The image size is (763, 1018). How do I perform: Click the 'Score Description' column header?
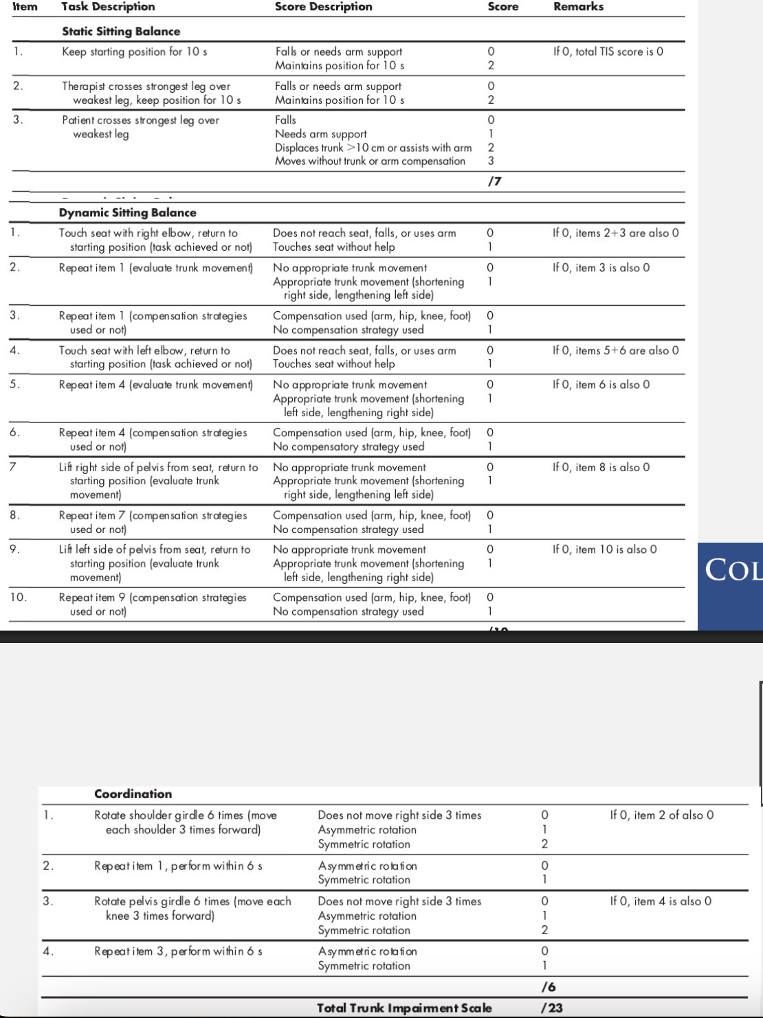323,7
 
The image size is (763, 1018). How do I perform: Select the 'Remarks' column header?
578,7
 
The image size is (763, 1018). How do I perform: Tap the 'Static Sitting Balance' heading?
121,32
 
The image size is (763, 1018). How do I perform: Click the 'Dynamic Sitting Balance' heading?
128,213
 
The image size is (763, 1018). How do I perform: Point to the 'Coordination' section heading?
133,794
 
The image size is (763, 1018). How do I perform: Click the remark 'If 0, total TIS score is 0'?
608,52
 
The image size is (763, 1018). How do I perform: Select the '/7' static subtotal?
494,181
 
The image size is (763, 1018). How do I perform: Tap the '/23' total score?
551,1008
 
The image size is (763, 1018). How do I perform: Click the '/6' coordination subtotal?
549,987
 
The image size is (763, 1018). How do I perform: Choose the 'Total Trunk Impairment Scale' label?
404,1008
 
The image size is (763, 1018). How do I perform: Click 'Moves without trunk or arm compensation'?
370,161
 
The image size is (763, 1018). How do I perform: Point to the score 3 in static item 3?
491,161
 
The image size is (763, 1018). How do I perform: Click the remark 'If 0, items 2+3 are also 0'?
615,233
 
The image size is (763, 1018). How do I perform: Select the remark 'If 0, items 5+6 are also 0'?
615,350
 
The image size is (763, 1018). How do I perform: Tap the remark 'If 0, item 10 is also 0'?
604,550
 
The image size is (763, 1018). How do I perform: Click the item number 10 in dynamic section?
18,598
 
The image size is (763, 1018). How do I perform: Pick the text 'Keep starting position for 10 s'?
134,52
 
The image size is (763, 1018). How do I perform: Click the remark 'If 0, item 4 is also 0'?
661,901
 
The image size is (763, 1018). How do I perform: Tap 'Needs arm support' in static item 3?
320,134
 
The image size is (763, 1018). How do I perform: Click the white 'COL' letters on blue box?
733,570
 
